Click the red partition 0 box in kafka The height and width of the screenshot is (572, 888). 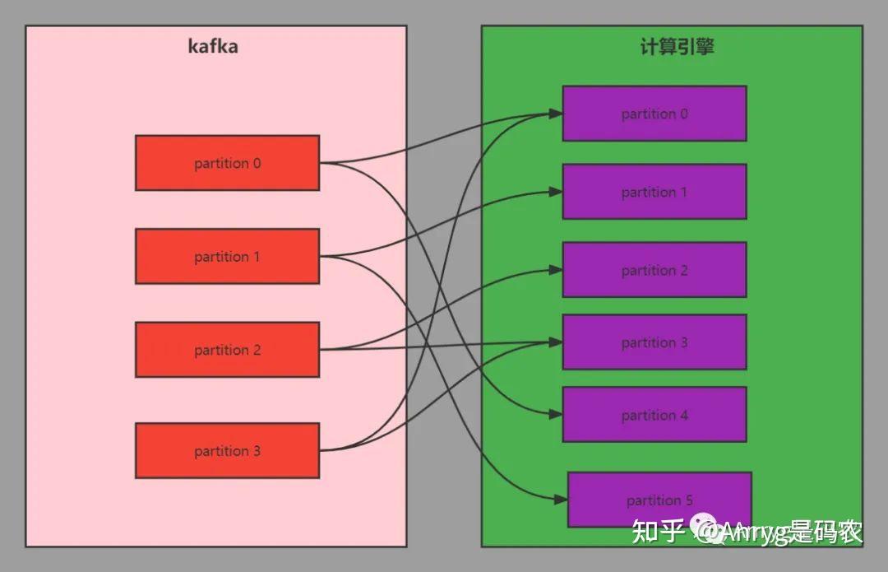pyautogui.click(x=227, y=163)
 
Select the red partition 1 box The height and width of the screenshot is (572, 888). pyautogui.click(x=227, y=256)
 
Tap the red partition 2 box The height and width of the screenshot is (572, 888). pyautogui.click(x=227, y=350)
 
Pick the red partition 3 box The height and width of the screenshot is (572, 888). pyautogui.click(x=227, y=450)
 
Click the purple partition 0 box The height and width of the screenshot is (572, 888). pyautogui.click(x=654, y=114)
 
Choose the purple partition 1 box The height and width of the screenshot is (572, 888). pyautogui.click(x=654, y=192)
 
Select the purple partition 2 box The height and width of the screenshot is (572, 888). pyautogui.click(x=654, y=270)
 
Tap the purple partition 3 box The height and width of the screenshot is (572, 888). pyautogui.click(x=654, y=342)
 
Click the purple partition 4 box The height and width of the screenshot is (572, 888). pyautogui.click(x=654, y=415)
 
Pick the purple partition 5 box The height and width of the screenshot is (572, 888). pyautogui.click(x=659, y=500)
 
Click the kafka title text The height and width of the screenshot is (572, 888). pyautogui.click(x=213, y=46)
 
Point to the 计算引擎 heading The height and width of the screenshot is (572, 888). pyautogui.click(x=677, y=46)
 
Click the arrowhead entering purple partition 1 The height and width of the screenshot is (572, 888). pyautogui.click(x=557, y=192)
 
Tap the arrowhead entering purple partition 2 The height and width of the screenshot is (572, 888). pyautogui.click(x=557, y=270)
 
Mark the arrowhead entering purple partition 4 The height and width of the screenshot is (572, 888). pyautogui.click(x=557, y=415)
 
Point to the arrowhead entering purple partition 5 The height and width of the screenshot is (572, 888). pyautogui.click(x=562, y=500)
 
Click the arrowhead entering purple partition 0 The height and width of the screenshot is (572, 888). pyautogui.click(x=557, y=114)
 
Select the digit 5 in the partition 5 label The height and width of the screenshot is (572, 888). pyautogui.click(x=688, y=500)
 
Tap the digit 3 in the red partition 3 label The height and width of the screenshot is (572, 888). pyautogui.click(x=257, y=451)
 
